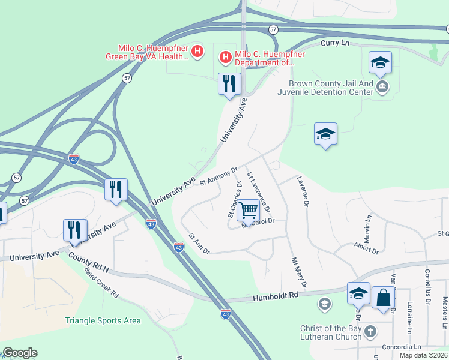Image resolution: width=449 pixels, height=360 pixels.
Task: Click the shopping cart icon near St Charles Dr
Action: [x=247, y=210]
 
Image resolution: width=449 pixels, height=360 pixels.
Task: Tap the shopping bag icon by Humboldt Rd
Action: [x=383, y=298]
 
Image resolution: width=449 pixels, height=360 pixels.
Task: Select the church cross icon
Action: [x=371, y=331]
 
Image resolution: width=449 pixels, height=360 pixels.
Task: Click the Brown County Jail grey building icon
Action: [x=381, y=88]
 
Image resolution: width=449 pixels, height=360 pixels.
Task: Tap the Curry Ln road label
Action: [x=334, y=43]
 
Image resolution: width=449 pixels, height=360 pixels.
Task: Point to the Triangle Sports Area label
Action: [x=103, y=320]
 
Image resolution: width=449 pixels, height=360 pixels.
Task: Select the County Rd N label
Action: [x=88, y=262]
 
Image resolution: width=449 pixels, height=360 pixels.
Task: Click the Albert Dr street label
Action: [x=366, y=247]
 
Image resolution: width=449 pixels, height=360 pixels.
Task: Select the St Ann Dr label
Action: [x=199, y=244]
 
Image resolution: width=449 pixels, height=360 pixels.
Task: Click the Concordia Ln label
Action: [x=401, y=347]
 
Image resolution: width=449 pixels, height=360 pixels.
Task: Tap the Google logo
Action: [x=20, y=353]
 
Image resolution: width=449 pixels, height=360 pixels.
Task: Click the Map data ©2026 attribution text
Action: [x=423, y=355]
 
